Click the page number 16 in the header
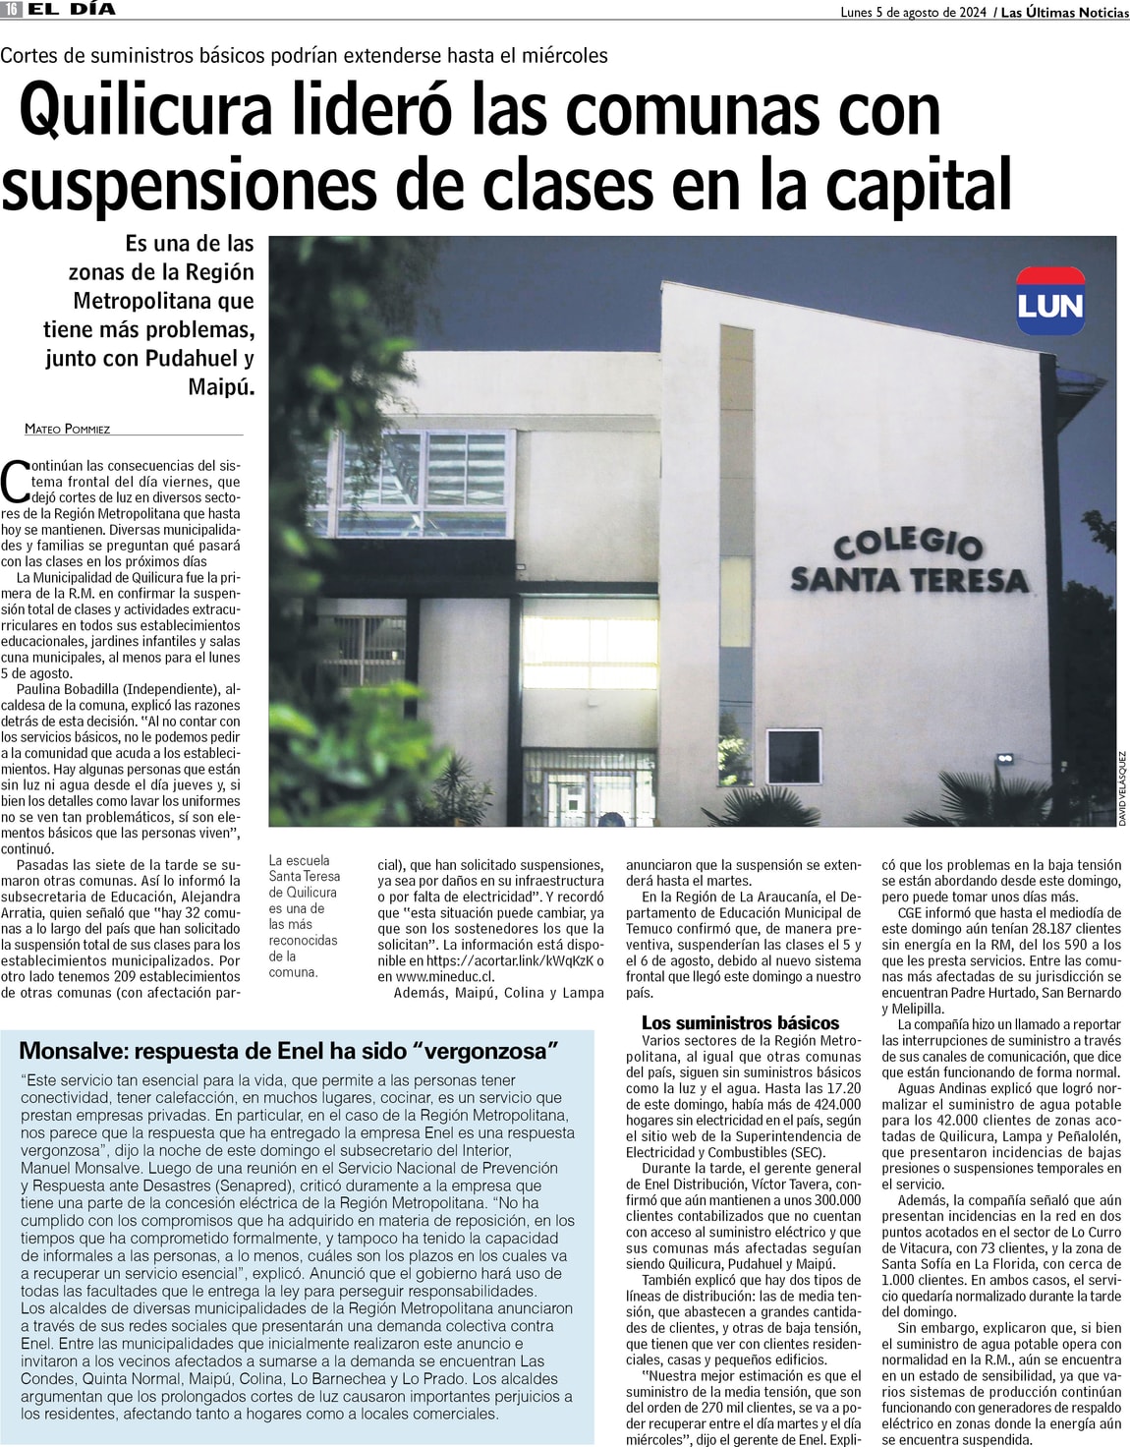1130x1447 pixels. click(x=11, y=9)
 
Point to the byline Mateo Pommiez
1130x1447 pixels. click(x=68, y=429)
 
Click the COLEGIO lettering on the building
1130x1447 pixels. click(x=907, y=542)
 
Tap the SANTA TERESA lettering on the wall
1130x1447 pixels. click(x=909, y=579)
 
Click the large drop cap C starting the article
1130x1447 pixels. click(x=15, y=481)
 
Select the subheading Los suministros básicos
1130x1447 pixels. click(x=740, y=1022)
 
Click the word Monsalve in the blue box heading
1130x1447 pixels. click(x=71, y=1051)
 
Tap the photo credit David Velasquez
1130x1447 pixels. click(x=1122, y=788)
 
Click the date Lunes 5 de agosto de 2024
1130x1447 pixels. click(x=913, y=12)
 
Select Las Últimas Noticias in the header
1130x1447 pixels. click(x=1064, y=12)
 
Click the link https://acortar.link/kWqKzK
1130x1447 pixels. click(x=511, y=960)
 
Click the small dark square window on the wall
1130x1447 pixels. click(x=793, y=756)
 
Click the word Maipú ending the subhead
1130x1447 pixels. click(x=220, y=386)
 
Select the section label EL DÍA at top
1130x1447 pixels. click(x=71, y=9)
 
